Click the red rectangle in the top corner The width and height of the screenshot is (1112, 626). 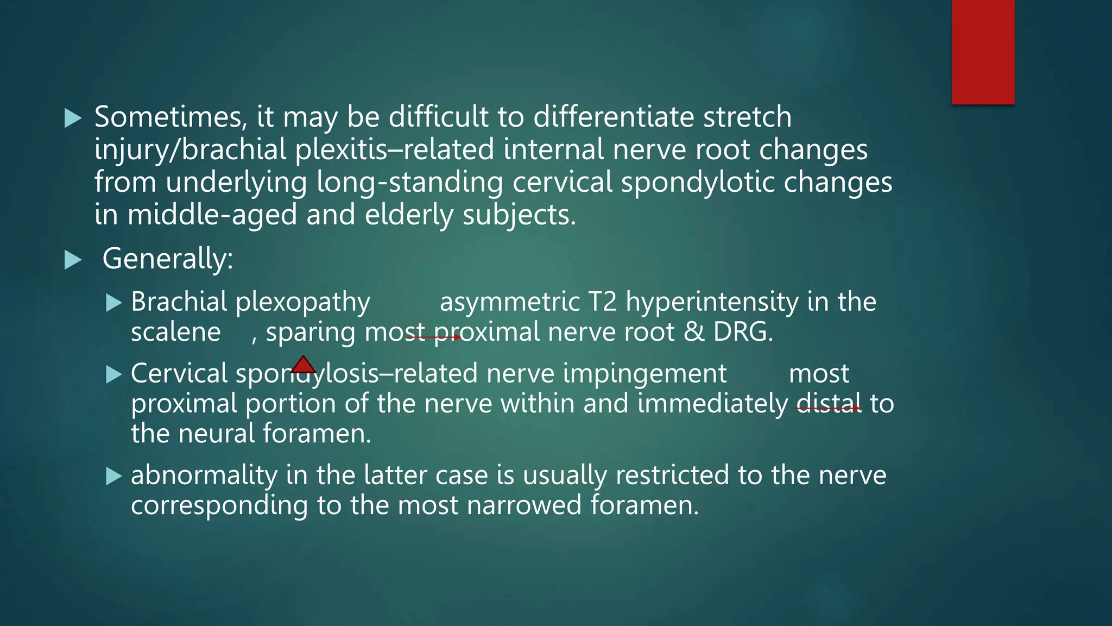click(x=983, y=52)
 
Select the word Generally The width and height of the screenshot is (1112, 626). click(x=167, y=259)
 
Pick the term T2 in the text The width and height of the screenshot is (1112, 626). click(x=602, y=302)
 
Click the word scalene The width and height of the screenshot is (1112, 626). click(x=175, y=332)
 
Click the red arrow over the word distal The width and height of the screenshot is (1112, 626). click(x=828, y=408)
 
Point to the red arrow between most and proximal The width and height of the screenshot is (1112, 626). click(x=434, y=337)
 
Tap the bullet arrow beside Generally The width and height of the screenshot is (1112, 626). click(x=73, y=260)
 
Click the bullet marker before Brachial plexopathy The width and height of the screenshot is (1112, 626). click(x=113, y=303)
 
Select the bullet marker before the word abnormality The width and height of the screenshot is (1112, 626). click(x=113, y=476)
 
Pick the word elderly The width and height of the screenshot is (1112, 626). click(x=409, y=215)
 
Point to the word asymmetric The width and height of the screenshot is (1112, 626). click(x=509, y=302)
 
